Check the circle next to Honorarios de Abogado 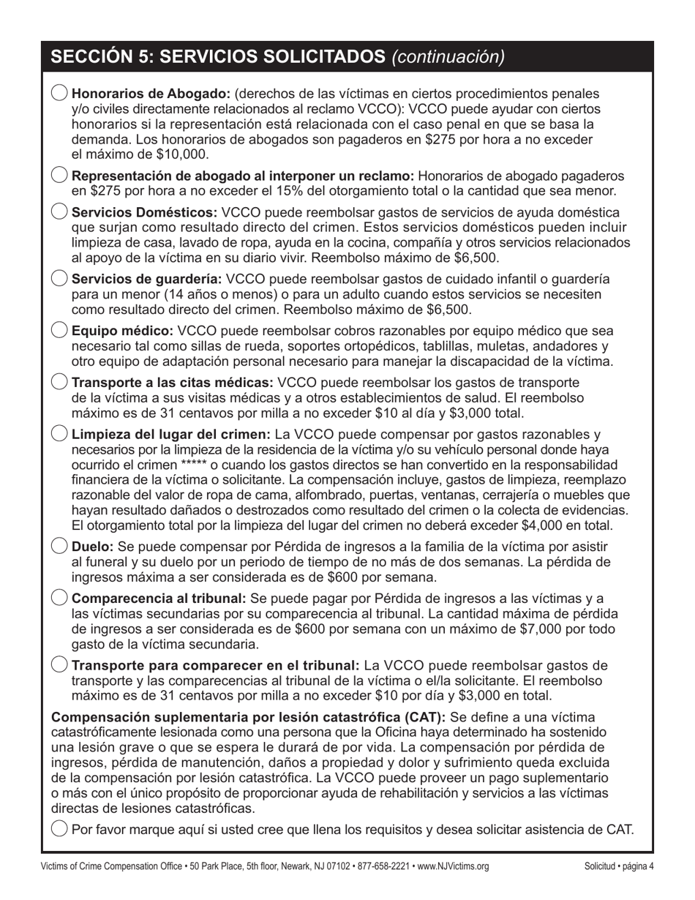(60, 94)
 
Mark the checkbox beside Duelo (60, 546)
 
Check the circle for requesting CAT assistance (60, 829)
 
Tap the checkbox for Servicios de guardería (60, 279)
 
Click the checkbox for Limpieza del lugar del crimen (60, 433)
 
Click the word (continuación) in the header (448, 57)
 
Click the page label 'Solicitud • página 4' (619, 867)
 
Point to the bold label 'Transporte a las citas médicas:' (173, 383)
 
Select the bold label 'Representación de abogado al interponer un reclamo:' (243, 176)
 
